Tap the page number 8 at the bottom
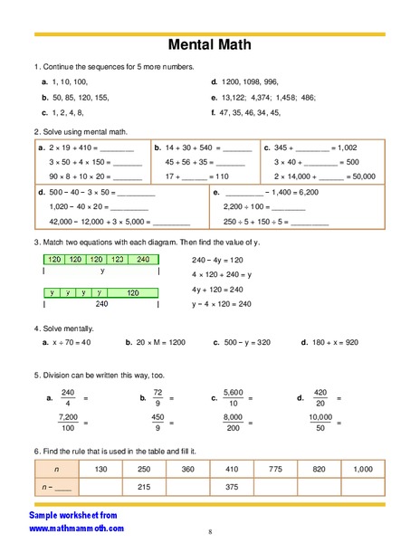210,531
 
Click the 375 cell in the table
232,488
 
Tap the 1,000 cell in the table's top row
363,469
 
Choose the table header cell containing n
57,469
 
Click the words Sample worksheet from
74,514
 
